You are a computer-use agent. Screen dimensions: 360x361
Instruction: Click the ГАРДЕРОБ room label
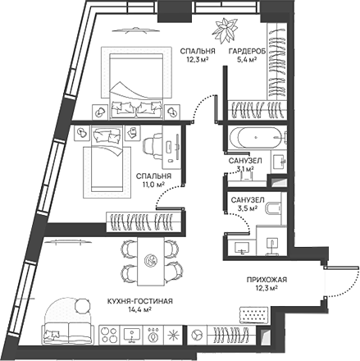pyautogui.click(x=247, y=52)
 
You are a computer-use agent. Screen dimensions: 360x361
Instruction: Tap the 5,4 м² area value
pyautogui.click(x=247, y=59)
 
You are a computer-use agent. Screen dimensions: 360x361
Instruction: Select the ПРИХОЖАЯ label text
pyautogui.click(x=267, y=280)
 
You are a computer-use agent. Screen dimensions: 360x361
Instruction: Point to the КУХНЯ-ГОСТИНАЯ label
pyautogui.click(x=140, y=301)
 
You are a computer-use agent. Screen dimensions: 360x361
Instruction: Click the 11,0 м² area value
pyautogui.click(x=153, y=185)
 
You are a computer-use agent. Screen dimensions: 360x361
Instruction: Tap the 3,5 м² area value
pyautogui.click(x=248, y=208)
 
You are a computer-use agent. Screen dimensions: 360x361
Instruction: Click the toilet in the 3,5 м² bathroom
pyautogui.click(x=273, y=208)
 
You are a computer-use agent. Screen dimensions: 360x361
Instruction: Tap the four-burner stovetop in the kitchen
pyautogui.click(x=109, y=334)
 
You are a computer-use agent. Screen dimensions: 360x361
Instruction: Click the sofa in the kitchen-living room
pyautogui.click(x=67, y=331)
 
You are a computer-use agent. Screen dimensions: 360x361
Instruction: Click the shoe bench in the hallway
pyautogui.click(x=253, y=315)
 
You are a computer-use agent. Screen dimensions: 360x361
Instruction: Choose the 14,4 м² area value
pyautogui.click(x=140, y=309)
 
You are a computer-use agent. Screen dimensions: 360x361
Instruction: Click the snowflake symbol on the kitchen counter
pyautogui.click(x=173, y=334)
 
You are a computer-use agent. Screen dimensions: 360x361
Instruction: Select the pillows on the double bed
pyautogui.click(x=136, y=107)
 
